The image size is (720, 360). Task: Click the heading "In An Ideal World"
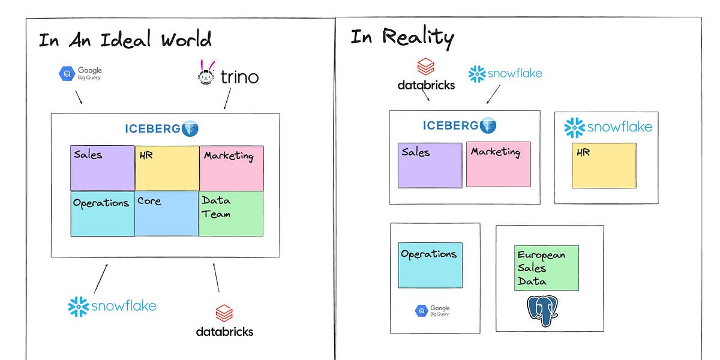pos(125,40)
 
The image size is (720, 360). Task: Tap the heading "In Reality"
pos(402,37)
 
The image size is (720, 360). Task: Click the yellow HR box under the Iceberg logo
pos(167,168)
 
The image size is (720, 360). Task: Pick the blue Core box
pos(167,214)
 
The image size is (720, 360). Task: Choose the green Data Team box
pos(231,214)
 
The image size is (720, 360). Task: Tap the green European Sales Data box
pos(546,268)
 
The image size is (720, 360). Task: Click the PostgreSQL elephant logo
pos(542,310)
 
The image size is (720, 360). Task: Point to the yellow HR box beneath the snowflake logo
pos(604,166)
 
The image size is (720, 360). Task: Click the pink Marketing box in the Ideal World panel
pos(232,168)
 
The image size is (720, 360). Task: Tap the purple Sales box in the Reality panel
pos(430,165)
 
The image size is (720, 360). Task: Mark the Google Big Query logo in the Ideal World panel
pos(80,73)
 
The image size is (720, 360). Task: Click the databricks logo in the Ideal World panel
pos(224,321)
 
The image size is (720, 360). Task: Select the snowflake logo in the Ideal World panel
pos(112,306)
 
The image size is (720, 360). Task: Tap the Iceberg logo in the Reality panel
pos(460,125)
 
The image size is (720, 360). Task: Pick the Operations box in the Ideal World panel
pos(103,214)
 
